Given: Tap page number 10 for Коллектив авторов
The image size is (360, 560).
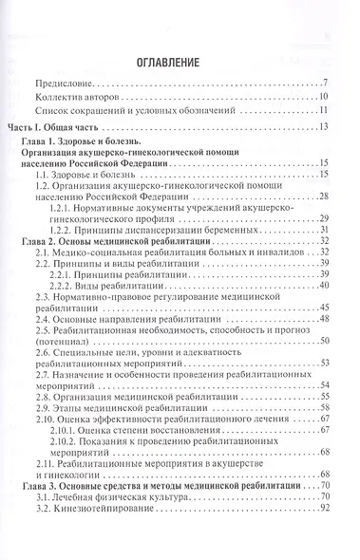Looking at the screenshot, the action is (x=323, y=97).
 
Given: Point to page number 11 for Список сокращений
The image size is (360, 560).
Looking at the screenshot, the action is (x=323, y=110).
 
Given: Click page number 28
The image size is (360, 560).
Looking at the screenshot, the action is (x=323, y=194).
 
